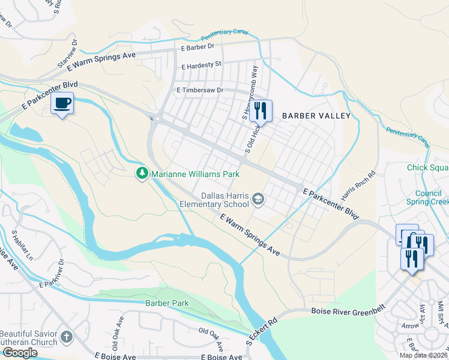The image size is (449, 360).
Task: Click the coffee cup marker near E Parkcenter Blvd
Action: [x=62, y=104]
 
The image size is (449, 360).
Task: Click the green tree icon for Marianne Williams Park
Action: [x=142, y=174]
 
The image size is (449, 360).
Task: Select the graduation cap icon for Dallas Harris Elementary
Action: [x=258, y=199]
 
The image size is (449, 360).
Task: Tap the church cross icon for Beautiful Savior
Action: [x=67, y=337]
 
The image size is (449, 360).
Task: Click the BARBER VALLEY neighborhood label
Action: [x=316, y=116]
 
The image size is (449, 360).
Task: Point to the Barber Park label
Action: [x=167, y=303]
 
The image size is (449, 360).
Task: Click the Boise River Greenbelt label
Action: [x=349, y=311]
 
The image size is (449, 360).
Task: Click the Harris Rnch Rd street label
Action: [x=358, y=185]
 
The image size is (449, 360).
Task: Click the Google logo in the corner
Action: [x=20, y=353]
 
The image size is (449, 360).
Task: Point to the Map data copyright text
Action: [x=423, y=355]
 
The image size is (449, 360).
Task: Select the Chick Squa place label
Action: [x=427, y=168]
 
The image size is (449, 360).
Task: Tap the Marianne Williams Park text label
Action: [x=195, y=174]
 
